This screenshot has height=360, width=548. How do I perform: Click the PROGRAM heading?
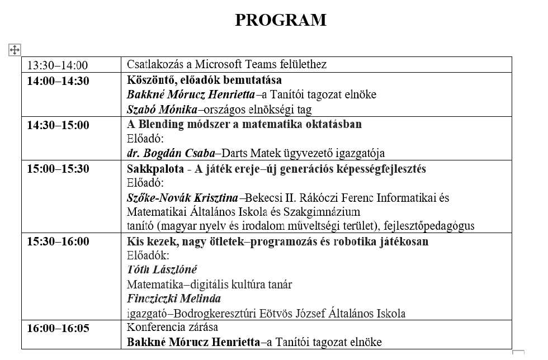(x=280, y=20)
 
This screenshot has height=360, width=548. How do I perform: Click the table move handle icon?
(x=15, y=50)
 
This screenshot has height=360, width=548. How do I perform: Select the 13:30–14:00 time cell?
(x=58, y=65)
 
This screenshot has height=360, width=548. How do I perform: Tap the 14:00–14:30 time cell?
(x=58, y=81)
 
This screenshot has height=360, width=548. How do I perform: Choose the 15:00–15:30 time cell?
(x=58, y=169)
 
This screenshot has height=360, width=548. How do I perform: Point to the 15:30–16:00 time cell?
(x=58, y=241)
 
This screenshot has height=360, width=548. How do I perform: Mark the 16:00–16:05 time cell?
(x=58, y=328)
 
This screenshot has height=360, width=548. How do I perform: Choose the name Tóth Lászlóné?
(x=162, y=270)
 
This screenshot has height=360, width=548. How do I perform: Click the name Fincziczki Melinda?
(x=173, y=299)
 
